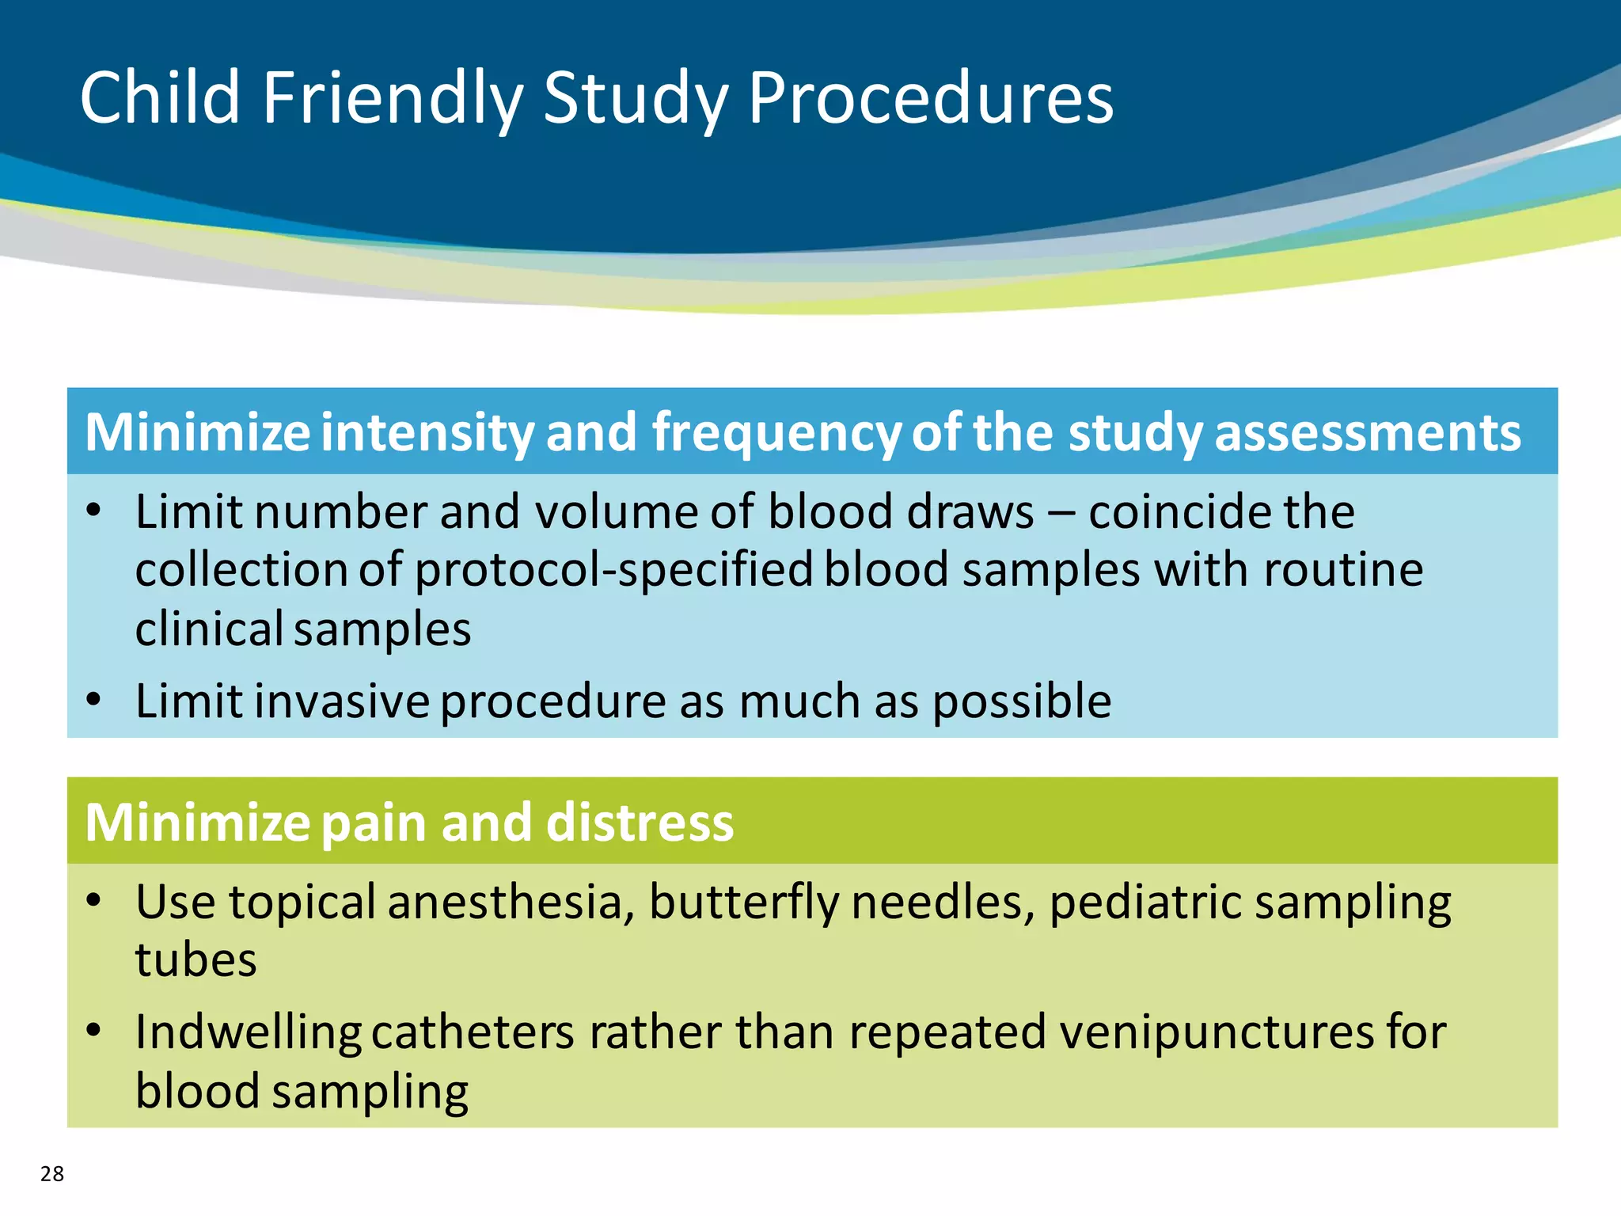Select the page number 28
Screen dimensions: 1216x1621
(52, 1173)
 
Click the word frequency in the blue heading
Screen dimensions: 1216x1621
(776, 433)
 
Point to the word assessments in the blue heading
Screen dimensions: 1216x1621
(1367, 433)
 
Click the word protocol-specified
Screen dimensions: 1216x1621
(613, 571)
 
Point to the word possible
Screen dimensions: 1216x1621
(1022, 702)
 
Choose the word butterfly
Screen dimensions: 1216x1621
(743, 903)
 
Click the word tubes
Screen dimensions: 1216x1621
(196, 960)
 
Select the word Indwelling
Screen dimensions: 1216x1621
(248, 1033)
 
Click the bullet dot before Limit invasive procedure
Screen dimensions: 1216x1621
(94, 700)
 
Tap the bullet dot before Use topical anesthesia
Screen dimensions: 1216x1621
(94, 900)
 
